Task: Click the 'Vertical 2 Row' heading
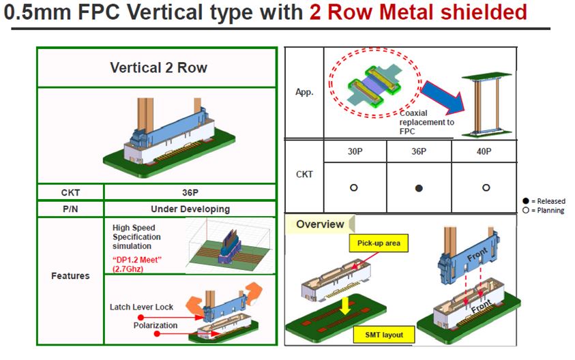click(x=158, y=68)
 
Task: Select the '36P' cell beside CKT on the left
click(x=190, y=193)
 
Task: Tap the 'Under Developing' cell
click(x=190, y=209)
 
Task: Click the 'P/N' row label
click(x=70, y=209)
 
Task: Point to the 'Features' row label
click(x=70, y=276)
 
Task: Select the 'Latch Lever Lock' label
click(x=142, y=307)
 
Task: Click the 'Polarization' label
click(x=155, y=325)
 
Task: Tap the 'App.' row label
click(x=304, y=93)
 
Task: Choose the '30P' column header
click(x=353, y=151)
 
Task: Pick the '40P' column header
click(x=484, y=151)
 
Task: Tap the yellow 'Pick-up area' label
click(x=379, y=243)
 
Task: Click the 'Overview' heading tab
click(x=319, y=224)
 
